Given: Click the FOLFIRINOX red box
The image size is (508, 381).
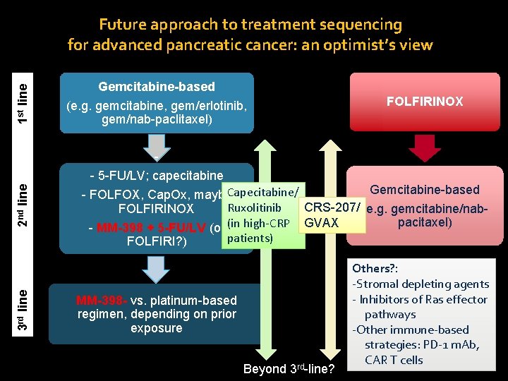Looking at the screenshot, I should [424, 102].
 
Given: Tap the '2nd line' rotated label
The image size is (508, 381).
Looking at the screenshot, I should [23, 205].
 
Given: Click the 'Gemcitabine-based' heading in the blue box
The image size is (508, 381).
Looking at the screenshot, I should [156, 87].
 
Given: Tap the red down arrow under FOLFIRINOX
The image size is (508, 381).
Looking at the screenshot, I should [424, 147].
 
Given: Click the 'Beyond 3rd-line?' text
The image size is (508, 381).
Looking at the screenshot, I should [289, 369].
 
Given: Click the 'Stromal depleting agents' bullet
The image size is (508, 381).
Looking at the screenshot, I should [421, 284].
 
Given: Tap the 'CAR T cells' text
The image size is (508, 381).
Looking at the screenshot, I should [394, 360].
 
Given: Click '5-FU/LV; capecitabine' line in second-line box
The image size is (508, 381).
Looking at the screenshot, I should [157, 176].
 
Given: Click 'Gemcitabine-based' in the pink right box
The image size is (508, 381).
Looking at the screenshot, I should [424, 189].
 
